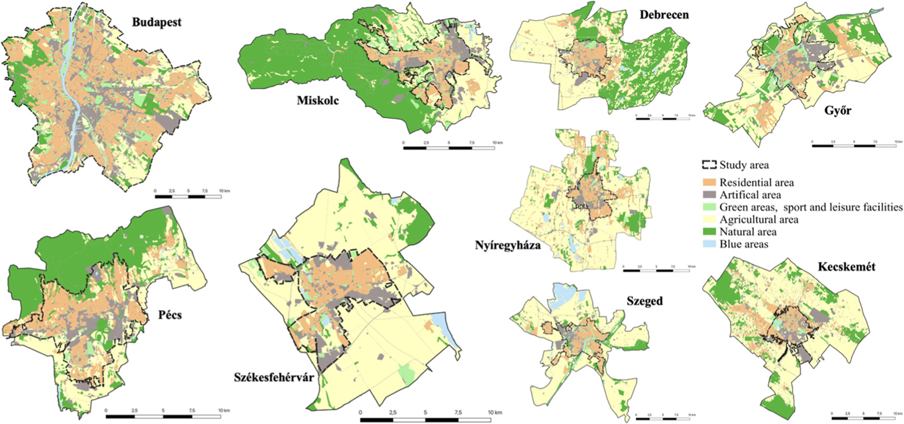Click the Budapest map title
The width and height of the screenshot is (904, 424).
pyautogui.click(x=156, y=23)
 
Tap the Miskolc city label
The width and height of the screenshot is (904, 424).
pyautogui.click(x=317, y=100)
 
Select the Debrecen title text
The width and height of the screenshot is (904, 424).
pyautogui.click(x=664, y=15)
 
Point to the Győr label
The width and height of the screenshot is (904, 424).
pyautogui.click(x=838, y=111)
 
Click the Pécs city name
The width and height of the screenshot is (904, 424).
pyautogui.click(x=170, y=315)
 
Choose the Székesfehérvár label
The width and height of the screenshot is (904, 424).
pyautogui.click(x=274, y=378)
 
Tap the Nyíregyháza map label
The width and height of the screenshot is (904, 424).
pyautogui.click(x=508, y=245)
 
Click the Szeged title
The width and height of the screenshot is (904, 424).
pyautogui.click(x=644, y=301)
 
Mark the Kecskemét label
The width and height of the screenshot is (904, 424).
pyautogui.click(x=847, y=267)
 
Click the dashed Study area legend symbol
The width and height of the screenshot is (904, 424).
pyautogui.click(x=709, y=165)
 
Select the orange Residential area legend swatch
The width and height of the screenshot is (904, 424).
pyautogui.click(x=709, y=183)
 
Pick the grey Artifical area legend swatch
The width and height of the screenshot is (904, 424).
pyautogui.click(x=709, y=195)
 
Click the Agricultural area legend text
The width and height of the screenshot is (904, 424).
pyautogui.click(x=759, y=220)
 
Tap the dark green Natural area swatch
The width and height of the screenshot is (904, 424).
pyautogui.click(x=709, y=232)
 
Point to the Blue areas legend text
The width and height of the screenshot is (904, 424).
pyautogui.click(x=743, y=244)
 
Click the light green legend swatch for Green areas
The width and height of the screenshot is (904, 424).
pyautogui.click(x=709, y=208)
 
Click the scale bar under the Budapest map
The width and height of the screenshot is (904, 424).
pyautogui.click(x=188, y=196)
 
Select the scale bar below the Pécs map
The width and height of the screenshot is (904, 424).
pyautogui.click(x=163, y=417)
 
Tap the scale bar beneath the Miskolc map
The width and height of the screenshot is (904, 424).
pyautogui.click(x=449, y=149)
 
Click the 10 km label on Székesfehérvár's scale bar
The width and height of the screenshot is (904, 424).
pyautogui.click(x=495, y=412)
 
